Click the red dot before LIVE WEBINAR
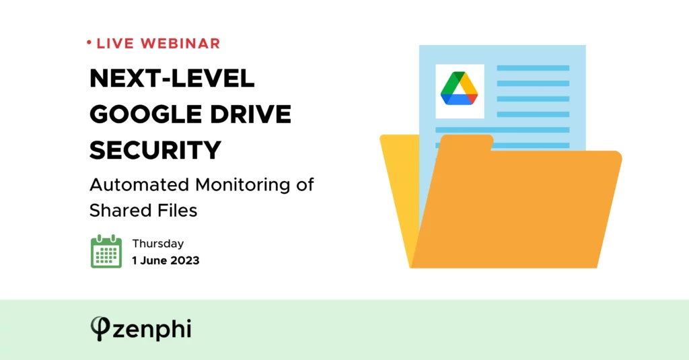89,42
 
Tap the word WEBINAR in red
180,44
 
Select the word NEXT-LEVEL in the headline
172,79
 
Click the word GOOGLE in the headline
146,114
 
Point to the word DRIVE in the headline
250,114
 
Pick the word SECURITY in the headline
155,150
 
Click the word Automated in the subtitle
139,184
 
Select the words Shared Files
143,210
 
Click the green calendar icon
106,252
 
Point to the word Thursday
158,244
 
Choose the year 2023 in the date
185,260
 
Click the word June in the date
154,260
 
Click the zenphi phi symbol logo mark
100,328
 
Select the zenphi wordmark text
152,330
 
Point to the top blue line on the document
533,68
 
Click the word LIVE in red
115,44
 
